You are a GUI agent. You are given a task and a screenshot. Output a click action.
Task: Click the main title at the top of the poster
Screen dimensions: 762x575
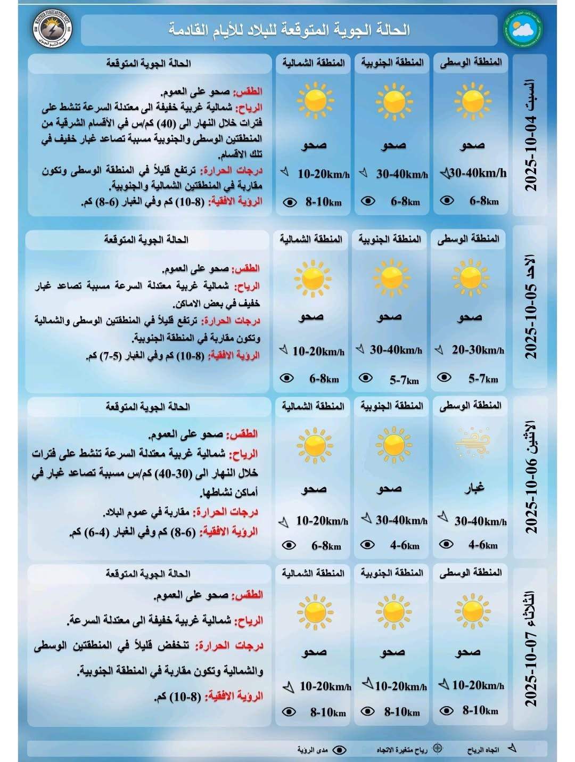point(289,29)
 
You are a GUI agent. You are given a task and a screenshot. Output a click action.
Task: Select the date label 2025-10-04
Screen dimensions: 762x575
point(531,136)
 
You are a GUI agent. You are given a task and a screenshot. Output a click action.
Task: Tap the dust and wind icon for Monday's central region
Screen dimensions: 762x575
point(472,441)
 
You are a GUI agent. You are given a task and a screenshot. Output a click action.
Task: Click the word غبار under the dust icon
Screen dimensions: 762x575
point(473,488)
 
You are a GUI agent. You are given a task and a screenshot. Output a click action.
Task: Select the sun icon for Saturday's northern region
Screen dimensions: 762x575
point(315,101)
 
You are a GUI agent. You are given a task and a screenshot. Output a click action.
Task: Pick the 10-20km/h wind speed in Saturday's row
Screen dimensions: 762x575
point(323,174)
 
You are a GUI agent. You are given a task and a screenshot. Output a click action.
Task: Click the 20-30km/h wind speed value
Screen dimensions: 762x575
point(478,350)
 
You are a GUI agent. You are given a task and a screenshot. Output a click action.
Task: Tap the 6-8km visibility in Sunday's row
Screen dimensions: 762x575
point(324,379)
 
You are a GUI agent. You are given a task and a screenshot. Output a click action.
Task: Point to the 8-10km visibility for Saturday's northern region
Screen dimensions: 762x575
point(323,202)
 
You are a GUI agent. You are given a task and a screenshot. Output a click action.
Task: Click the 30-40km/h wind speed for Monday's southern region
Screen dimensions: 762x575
point(401,520)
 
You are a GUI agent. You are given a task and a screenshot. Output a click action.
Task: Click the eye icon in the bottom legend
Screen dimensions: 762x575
point(339,750)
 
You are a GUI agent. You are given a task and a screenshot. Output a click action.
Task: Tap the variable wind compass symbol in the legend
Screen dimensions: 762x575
point(437,748)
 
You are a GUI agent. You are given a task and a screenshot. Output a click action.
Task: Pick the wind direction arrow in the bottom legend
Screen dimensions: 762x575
point(512,748)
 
